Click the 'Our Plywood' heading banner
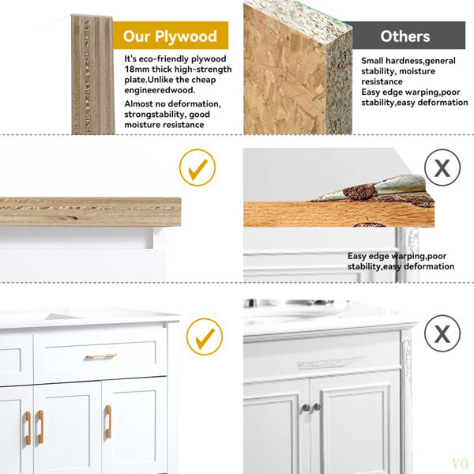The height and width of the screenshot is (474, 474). click(x=171, y=35)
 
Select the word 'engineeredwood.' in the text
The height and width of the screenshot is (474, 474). click(x=160, y=90)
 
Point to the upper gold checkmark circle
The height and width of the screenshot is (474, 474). click(x=197, y=167)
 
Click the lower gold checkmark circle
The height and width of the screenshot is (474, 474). click(x=205, y=337)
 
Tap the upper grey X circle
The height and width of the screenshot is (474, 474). click(x=442, y=167)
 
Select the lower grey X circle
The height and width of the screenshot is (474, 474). click(x=442, y=333)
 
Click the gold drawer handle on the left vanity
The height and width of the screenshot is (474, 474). click(x=101, y=356)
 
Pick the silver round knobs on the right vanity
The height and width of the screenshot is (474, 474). click(x=311, y=407)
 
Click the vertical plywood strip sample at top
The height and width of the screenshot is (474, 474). click(x=92, y=75)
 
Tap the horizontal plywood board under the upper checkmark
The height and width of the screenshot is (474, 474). click(x=90, y=212)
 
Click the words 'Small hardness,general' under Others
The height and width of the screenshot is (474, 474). click(x=408, y=61)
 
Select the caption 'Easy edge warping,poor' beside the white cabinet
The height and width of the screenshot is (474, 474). click(x=397, y=256)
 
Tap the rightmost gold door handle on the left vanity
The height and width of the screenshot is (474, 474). click(x=108, y=422)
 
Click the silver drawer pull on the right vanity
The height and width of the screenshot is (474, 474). click(x=321, y=364)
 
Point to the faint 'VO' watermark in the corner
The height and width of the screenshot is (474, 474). click(x=460, y=463)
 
